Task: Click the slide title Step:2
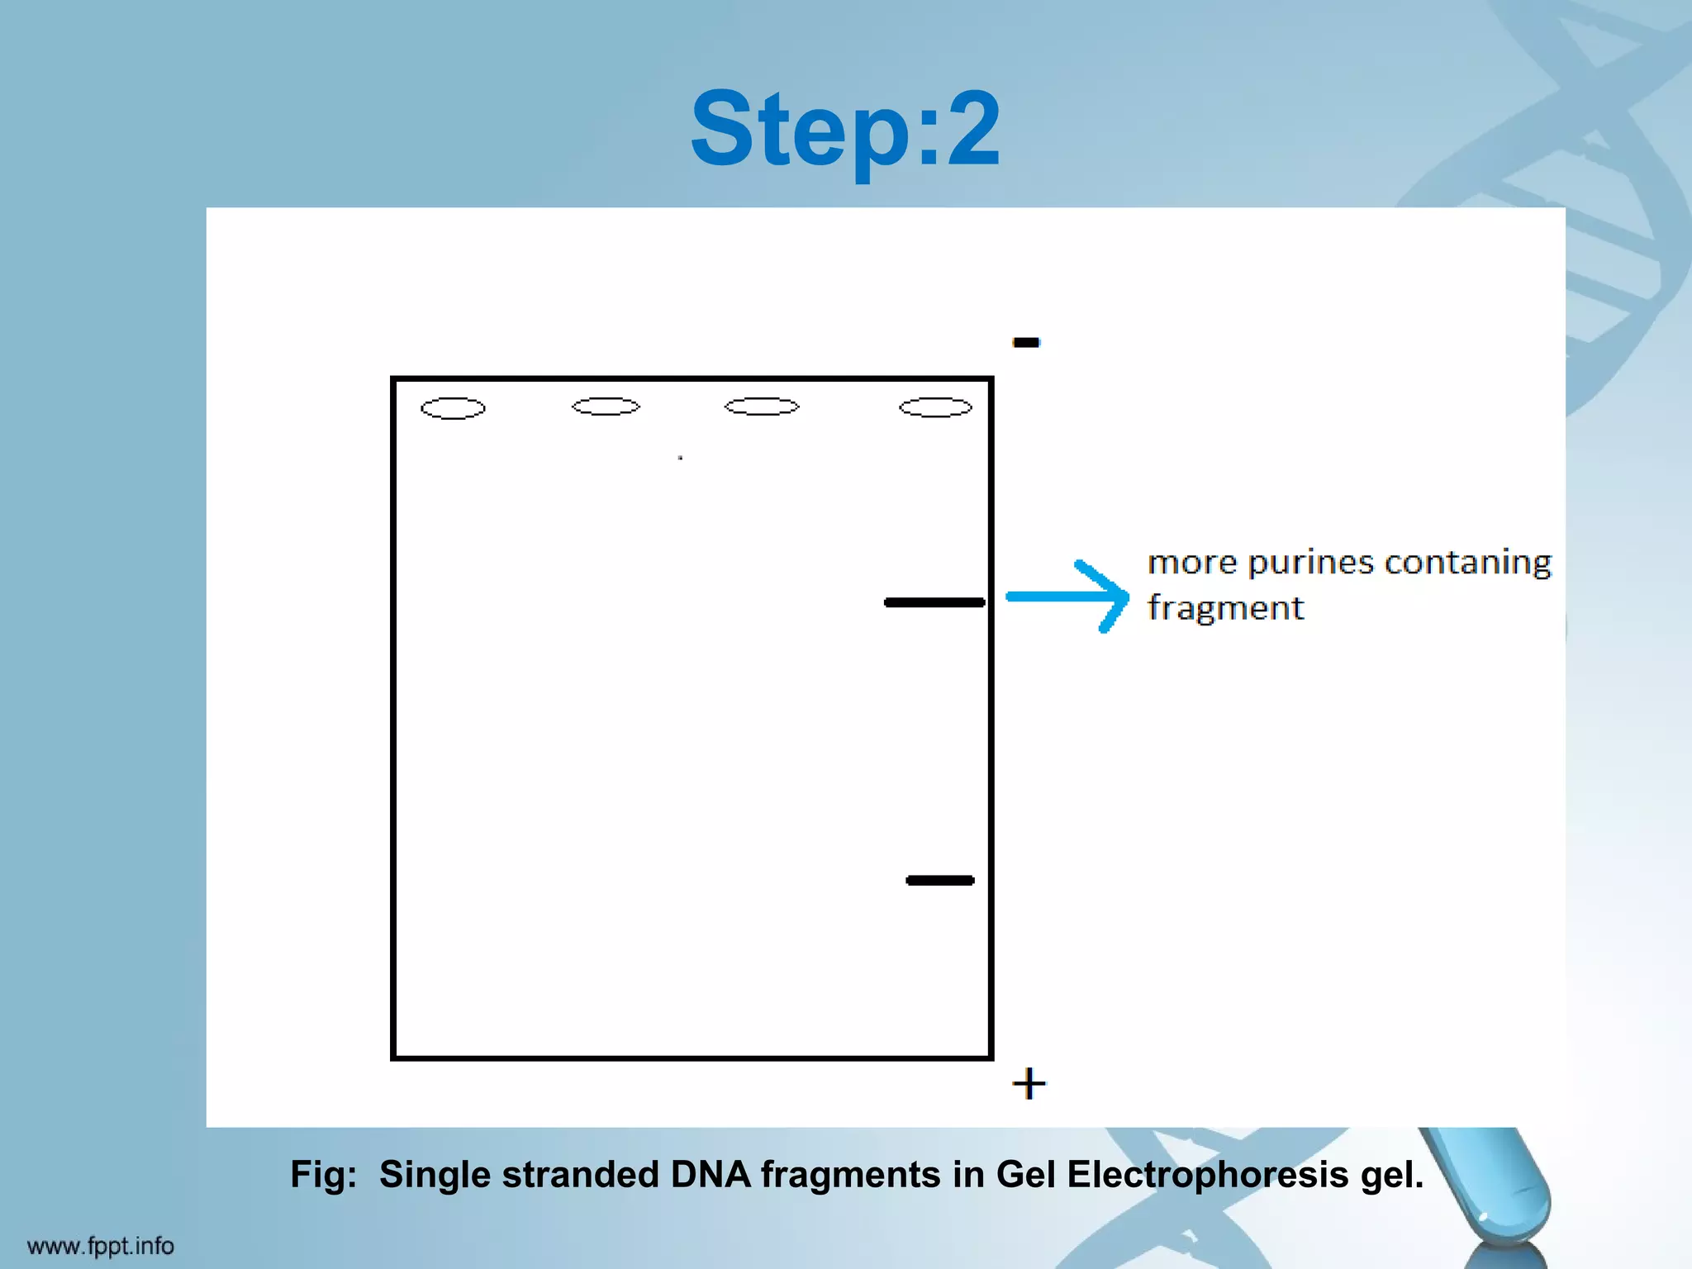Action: point(845,131)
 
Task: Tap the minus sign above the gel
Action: point(1026,342)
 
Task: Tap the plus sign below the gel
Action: point(1029,1083)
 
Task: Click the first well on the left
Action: point(453,408)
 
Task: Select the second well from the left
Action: point(606,406)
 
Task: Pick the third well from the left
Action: point(762,406)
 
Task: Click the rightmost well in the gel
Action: point(935,407)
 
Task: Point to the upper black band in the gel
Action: point(934,602)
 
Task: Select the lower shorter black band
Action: point(940,881)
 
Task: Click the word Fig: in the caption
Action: point(323,1175)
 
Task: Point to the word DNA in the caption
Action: point(711,1175)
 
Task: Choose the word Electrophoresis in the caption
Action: point(1207,1175)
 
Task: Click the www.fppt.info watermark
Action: point(100,1245)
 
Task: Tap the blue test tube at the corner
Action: point(1487,1190)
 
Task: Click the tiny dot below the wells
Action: point(680,457)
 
